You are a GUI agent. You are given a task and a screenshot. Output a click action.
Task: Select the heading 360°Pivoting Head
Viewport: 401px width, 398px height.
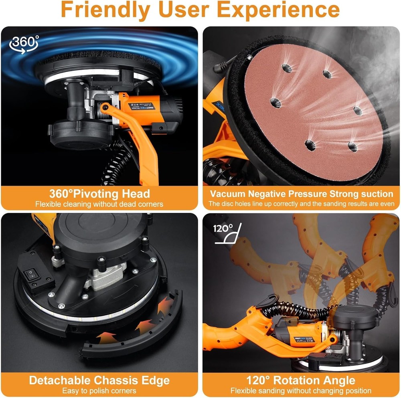click(x=99, y=194)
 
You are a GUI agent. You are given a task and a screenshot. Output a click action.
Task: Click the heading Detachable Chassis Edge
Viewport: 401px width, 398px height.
click(x=99, y=380)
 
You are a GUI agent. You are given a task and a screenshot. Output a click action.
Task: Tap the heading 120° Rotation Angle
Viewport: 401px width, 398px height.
click(x=301, y=380)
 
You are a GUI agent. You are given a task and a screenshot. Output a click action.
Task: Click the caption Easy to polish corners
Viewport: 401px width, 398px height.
click(x=99, y=390)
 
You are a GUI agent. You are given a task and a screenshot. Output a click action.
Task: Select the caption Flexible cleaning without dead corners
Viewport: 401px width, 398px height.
click(x=99, y=204)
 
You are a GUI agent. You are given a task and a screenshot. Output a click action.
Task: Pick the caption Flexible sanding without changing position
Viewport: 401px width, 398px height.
click(x=301, y=390)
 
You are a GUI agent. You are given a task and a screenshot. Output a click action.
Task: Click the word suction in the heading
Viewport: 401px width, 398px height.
click(x=376, y=194)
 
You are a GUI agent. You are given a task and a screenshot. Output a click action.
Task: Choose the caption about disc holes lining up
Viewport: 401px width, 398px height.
click(x=301, y=204)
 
